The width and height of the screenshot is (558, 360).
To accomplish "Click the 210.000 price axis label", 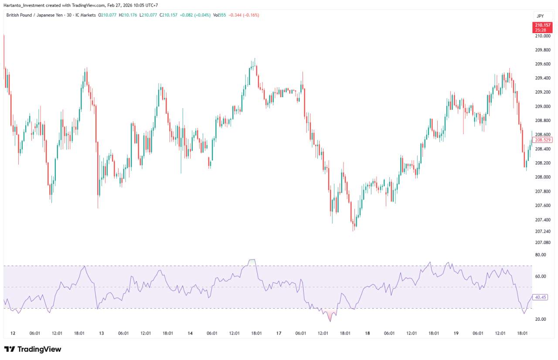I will [x=542, y=36].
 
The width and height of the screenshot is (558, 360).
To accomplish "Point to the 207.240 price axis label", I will [x=542, y=231].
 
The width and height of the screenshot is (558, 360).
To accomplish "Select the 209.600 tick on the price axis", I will [x=542, y=64].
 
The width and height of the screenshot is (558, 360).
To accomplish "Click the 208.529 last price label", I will [x=543, y=140].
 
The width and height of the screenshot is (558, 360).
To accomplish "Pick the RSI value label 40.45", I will [x=541, y=297].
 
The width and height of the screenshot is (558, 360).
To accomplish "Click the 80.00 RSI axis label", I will [x=541, y=255].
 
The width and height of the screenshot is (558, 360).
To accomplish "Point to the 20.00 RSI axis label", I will [x=541, y=319].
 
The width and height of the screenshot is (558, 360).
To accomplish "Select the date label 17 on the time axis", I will [x=279, y=333].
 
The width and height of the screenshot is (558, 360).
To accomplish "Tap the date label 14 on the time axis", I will [x=190, y=333].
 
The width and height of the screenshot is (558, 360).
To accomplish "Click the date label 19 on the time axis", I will [x=456, y=333].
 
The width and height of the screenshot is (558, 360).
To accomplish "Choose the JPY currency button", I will [x=540, y=16].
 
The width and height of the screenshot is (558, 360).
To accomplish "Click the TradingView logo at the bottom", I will [x=33, y=349].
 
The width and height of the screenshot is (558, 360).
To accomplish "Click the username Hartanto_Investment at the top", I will [x=26, y=5].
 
